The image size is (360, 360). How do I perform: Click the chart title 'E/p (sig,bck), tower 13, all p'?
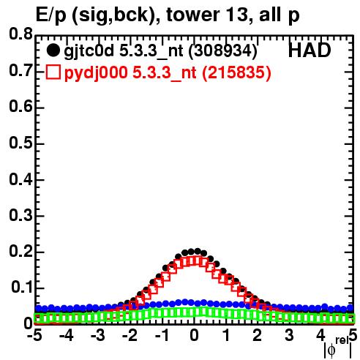coord(168,15)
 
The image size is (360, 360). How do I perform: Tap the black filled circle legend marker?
coord(53,50)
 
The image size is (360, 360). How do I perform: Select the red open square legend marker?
coord(53,72)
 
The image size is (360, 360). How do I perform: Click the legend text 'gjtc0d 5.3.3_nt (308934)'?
coord(160,51)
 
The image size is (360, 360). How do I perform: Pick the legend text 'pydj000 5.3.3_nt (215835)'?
coord(168,72)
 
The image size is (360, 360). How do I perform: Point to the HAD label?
coord(310,50)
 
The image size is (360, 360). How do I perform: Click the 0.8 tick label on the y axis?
coord(20,34)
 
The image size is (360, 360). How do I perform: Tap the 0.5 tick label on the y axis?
coord(20,143)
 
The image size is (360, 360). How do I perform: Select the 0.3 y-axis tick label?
coord(20,215)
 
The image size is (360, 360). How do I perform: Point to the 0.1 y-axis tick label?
coord(22,288)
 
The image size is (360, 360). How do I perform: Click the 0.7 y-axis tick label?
coord(20,71)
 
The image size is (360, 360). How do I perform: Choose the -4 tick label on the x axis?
coord(67,335)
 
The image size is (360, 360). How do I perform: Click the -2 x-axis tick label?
coord(130,335)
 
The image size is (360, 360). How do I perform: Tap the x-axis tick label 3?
coord(289,335)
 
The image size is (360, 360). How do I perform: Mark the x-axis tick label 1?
coord(226,335)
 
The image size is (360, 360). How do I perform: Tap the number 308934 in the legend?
coord(223,50)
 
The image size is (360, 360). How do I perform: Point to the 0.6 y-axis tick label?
coord(20,107)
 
